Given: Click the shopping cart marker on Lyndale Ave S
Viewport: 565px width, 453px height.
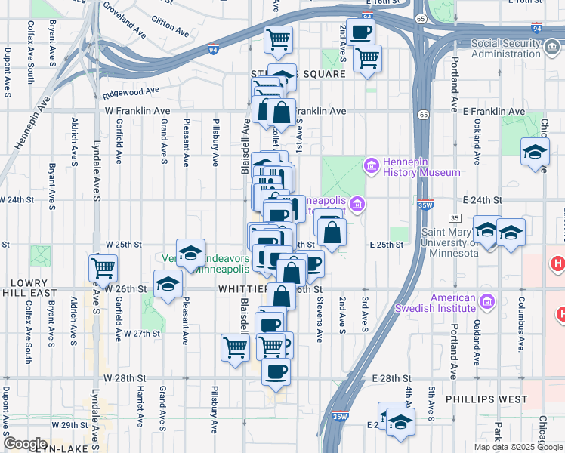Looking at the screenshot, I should [x=103, y=267].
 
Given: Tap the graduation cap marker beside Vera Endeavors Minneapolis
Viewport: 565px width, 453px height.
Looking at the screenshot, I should [x=191, y=252].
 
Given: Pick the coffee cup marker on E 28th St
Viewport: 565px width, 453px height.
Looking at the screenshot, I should [x=276, y=371].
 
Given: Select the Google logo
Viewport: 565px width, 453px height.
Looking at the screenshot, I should [x=25, y=444].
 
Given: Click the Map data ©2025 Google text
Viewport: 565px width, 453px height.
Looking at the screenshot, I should [x=518, y=447].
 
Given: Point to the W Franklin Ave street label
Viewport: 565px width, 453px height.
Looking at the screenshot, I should [x=137, y=111].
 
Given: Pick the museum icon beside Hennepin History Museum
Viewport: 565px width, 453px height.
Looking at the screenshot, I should [x=371, y=165].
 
